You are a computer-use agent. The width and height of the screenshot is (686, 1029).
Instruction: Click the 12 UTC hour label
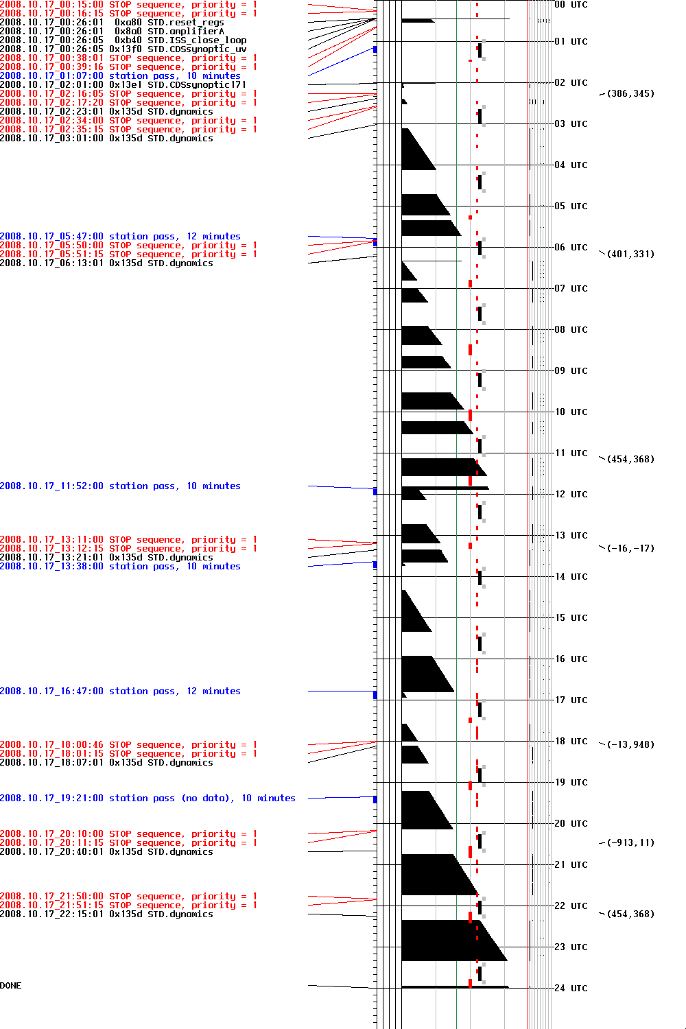571,495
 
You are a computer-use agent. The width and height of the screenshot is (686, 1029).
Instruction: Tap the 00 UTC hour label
571,5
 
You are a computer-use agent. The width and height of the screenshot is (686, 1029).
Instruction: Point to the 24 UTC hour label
571,989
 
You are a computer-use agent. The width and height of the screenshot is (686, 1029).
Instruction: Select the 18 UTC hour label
571,742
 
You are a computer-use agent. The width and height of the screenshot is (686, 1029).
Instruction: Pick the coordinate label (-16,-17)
630,549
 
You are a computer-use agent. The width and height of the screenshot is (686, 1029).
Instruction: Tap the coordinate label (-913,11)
630,843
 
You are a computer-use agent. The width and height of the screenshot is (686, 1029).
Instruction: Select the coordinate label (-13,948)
630,745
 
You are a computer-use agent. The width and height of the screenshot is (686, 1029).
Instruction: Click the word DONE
11,986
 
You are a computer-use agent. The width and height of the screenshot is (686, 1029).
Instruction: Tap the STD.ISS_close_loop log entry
123,40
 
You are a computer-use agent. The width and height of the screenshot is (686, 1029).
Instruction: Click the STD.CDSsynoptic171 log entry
123,85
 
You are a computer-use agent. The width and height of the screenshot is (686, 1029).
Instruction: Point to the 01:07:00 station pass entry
120,76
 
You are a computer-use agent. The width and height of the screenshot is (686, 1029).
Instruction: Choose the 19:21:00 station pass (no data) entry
147,799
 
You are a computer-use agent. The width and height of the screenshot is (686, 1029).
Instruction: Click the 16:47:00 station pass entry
120,691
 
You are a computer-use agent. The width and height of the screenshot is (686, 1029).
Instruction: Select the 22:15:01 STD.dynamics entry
106,914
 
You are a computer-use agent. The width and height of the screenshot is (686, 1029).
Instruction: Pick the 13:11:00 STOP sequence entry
128,540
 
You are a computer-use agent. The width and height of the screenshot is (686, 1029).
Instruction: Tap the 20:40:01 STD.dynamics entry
106,852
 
